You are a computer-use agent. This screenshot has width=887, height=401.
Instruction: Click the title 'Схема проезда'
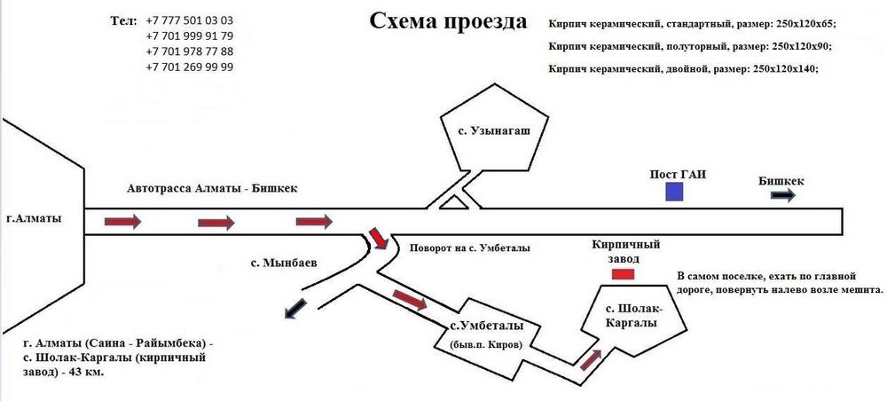[x=447, y=21]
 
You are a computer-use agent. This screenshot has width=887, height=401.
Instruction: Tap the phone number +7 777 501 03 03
[x=189, y=20]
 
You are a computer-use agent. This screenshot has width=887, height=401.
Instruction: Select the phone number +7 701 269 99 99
[x=189, y=67]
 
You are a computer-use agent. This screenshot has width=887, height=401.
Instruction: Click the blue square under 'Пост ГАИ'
[x=676, y=192]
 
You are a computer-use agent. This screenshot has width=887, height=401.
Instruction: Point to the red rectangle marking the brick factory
[x=624, y=274]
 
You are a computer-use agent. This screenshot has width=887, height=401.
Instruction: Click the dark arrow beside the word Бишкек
[x=783, y=197]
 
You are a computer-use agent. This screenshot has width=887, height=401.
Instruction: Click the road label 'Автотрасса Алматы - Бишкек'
[x=213, y=189]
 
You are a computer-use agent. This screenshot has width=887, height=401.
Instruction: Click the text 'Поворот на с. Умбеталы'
[x=469, y=248]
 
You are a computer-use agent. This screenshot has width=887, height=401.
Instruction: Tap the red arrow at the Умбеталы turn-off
[x=378, y=238]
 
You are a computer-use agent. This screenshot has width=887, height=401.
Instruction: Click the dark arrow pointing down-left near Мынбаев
[x=294, y=309]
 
